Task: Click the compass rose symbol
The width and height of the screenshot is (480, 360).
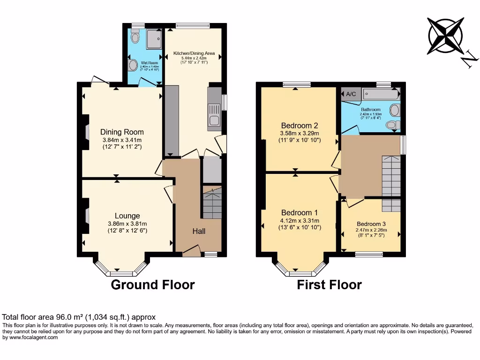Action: coord(446,36)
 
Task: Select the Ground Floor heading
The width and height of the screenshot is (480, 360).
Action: coord(152,285)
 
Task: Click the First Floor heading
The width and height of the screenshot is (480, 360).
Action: coord(329,285)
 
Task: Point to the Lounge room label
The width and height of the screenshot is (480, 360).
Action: coord(127,216)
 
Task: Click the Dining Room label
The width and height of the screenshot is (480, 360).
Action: coord(122,132)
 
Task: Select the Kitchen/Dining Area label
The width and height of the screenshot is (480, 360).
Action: coord(194,53)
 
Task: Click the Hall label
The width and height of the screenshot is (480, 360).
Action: coord(199,231)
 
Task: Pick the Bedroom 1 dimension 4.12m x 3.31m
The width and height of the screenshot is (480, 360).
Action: coord(299,221)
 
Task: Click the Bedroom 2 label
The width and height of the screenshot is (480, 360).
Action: coord(300,125)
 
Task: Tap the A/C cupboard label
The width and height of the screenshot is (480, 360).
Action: coord(351,94)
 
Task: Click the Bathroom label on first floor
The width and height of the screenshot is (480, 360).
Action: coord(370,109)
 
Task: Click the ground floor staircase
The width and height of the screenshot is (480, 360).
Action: coord(212,202)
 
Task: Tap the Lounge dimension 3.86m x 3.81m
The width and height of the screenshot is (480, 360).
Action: coord(127,224)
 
